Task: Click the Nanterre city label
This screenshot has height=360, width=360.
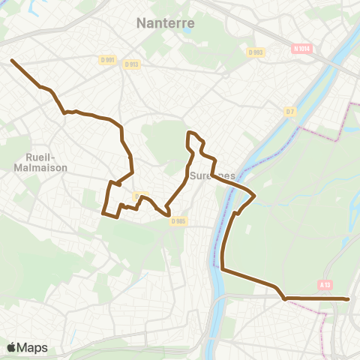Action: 166,23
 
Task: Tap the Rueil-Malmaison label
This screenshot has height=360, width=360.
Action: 41,163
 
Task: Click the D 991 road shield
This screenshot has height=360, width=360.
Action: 108,61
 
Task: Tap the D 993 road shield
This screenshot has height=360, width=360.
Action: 256,52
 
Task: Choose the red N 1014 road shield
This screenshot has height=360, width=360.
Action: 302,49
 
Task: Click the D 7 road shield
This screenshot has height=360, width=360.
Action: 289,112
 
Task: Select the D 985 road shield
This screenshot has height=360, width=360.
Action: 178,221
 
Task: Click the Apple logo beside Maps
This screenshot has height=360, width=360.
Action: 11,347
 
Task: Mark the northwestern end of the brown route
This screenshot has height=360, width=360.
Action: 12,60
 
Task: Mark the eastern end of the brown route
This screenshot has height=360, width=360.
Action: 349,299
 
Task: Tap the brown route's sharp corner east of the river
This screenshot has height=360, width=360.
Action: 254,196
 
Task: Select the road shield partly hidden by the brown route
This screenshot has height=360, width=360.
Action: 140,196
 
